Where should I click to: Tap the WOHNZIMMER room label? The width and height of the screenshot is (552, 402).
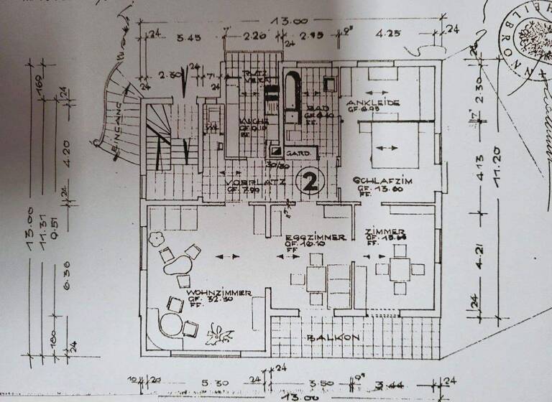218,293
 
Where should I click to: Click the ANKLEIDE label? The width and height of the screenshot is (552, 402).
372,102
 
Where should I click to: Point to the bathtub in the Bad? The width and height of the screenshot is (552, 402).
293,97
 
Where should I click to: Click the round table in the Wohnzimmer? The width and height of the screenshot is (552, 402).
171,323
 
